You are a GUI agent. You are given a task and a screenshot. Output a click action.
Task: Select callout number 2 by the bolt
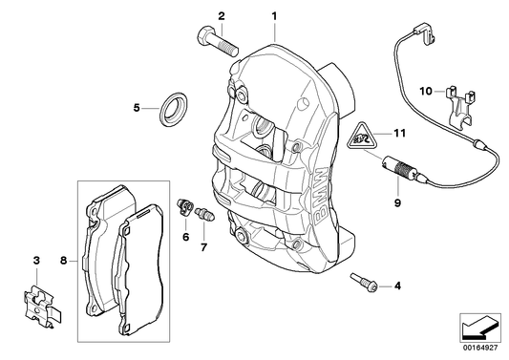coord(222,16)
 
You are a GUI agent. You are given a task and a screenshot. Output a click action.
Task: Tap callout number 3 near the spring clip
coord(36,260)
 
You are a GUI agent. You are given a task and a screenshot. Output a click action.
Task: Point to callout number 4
coord(397,285)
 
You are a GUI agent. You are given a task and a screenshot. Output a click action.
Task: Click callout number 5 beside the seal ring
coord(138,108)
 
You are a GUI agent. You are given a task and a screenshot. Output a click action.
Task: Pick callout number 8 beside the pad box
coord(64,260)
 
